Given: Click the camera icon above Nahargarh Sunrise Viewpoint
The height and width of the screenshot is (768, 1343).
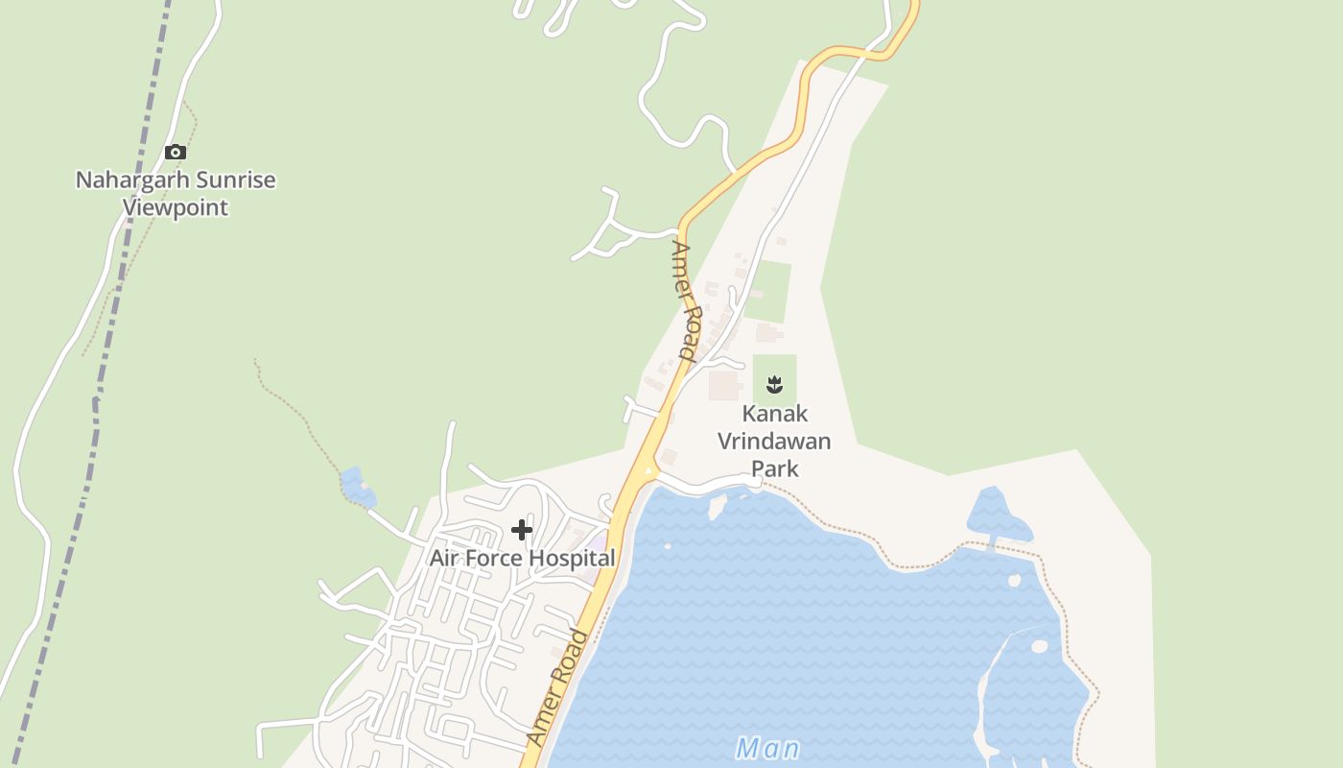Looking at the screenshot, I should click(x=175, y=152).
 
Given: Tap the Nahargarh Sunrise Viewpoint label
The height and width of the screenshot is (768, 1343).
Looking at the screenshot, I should click(x=176, y=193).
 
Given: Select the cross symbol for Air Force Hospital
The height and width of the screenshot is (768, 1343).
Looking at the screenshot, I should click(x=522, y=530).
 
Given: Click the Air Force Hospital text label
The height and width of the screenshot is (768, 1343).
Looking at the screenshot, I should click(x=522, y=558).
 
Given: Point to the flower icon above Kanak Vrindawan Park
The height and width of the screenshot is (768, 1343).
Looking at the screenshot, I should click(x=774, y=386).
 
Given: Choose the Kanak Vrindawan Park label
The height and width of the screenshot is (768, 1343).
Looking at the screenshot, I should click(x=775, y=441).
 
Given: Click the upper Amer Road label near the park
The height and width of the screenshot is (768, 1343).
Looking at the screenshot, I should click(x=684, y=300).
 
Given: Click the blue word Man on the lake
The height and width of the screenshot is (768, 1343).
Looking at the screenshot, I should click(x=767, y=748).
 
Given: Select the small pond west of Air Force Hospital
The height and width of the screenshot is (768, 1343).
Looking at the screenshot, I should click(x=358, y=487).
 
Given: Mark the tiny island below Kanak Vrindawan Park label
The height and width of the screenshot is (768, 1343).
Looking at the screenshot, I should click(x=717, y=506).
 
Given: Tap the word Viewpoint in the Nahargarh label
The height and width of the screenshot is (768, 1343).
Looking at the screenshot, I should click(x=176, y=207).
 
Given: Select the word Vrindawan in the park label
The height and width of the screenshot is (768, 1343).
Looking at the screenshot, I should click(x=774, y=442).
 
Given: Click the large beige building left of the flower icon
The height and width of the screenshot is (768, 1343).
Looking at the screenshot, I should click(x=723, y=386).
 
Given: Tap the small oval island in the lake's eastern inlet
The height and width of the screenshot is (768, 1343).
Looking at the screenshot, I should click(x=1039, y=646).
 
